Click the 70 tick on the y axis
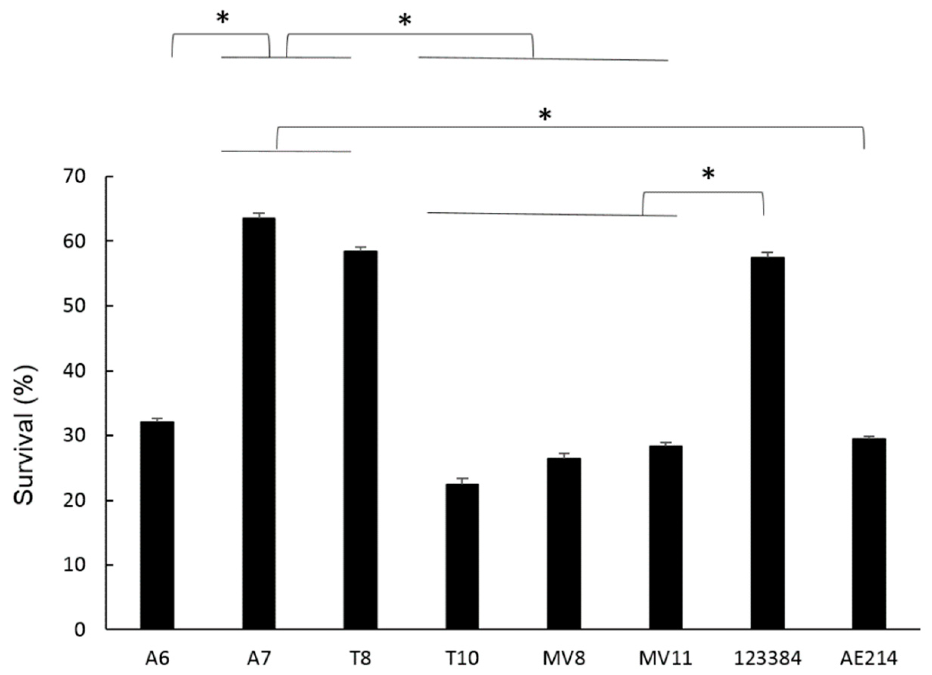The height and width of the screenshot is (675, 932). [x=74, y=177]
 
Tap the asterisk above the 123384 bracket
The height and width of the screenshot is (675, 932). [x=708, y=175]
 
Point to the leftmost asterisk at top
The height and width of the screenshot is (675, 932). [x=222, y=18]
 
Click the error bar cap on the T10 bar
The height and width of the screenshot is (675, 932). [x=462, y=478]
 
